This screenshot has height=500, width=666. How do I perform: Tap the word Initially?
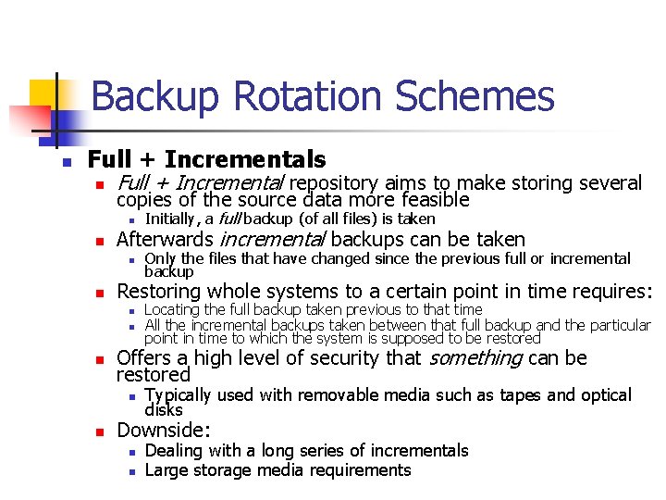pos(170,219)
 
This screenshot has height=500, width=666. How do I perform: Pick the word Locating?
pos(173,310)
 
